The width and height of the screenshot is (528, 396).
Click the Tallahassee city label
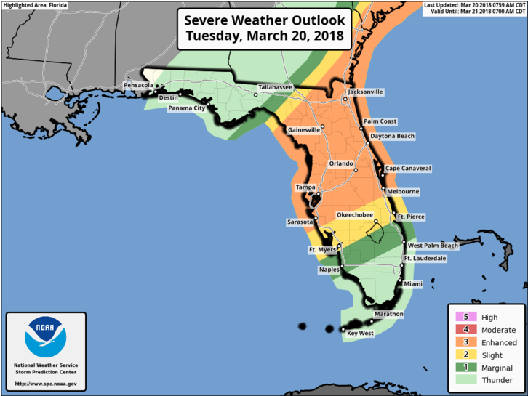tap(275, 87)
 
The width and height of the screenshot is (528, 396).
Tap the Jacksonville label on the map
tap(366, 92)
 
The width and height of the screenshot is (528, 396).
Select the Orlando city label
tap(341, 163)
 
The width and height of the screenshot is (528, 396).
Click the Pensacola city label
tap(139, 85)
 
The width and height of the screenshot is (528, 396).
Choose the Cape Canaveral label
tap(408, 169)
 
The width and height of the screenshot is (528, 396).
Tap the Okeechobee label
tap(354, 215)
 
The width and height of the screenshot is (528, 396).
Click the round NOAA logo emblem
tap(45, 337)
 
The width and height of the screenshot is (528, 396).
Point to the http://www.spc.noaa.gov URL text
tap(45, 384)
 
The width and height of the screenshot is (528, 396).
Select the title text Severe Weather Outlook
tap(265, 20)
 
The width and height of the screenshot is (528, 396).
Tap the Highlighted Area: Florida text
tap(35, 5)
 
